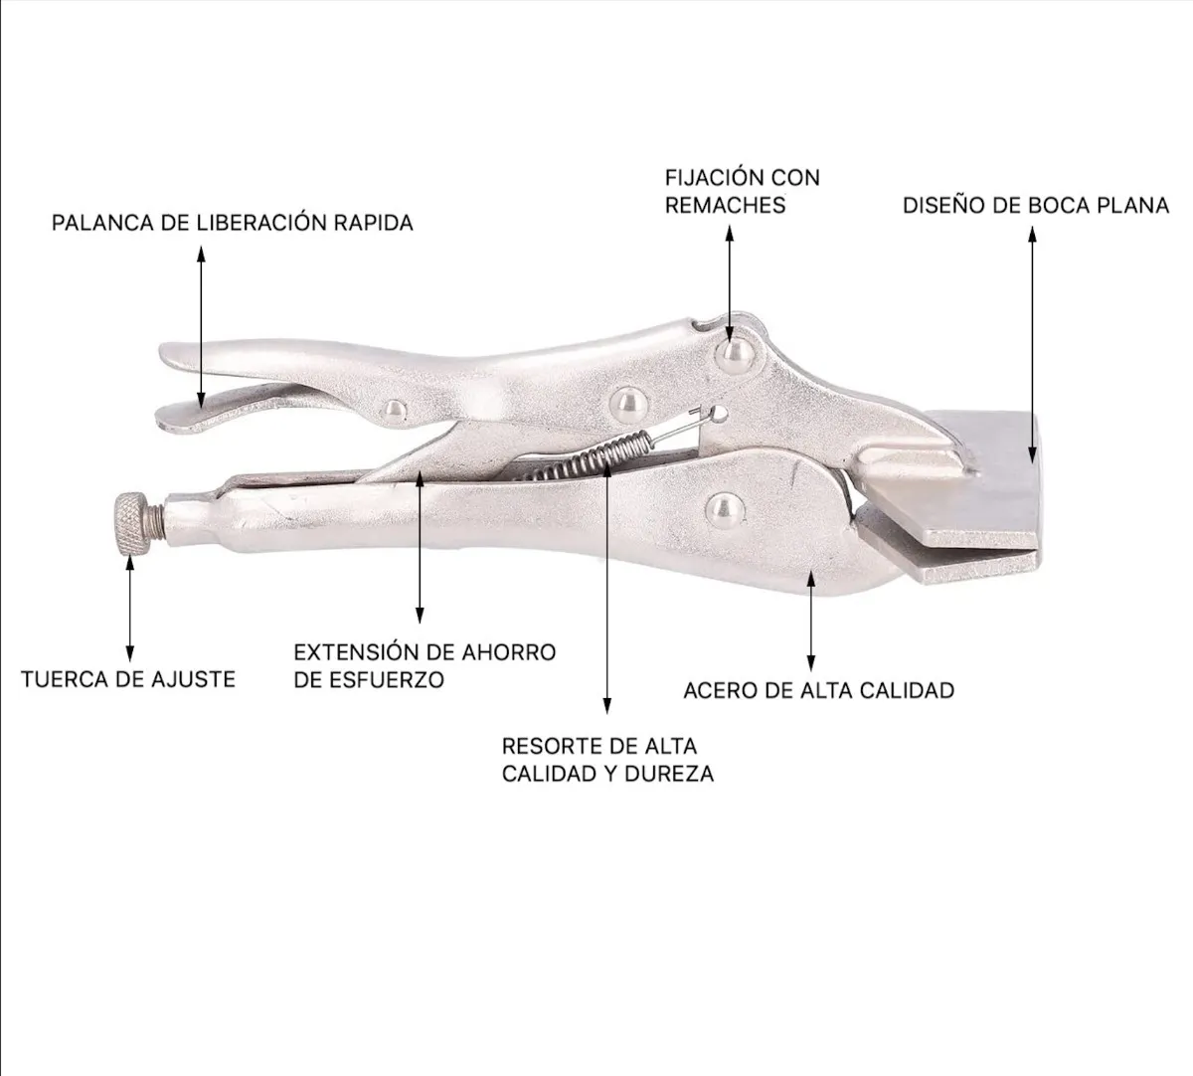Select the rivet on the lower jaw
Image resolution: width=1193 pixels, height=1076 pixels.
click(724, 510)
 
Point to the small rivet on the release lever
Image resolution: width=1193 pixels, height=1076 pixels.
click(393, 409)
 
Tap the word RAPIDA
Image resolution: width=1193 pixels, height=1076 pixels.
click(373, 223)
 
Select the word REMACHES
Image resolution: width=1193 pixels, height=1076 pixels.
click(725, 205)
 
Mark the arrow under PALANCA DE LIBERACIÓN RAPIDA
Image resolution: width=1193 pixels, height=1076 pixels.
click(202, 326)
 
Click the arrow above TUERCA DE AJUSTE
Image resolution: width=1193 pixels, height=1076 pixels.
click(130, 610)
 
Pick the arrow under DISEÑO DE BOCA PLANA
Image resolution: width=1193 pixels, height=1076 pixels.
click(1033, 345)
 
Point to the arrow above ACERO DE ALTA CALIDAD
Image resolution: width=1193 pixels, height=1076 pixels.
click(810, 621)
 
